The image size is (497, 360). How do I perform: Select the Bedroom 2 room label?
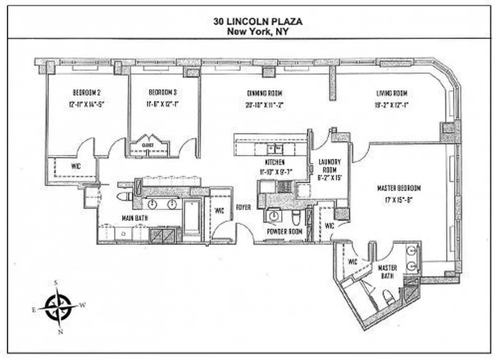pos(86,93)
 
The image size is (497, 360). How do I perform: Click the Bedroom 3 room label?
pos(162,93)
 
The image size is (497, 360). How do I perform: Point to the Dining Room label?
pos(264,94)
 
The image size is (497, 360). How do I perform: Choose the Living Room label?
pos(392,94)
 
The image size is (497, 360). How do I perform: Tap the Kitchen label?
pos(274,162)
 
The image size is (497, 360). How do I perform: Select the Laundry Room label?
pos(329,166)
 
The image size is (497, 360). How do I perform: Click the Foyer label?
pos(243,207)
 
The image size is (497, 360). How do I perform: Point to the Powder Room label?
pos(284,231)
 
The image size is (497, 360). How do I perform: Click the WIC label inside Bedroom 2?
pos(76,166)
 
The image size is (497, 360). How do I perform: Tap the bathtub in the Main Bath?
pos(192,217)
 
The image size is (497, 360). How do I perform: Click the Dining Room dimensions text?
pos(264,105)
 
